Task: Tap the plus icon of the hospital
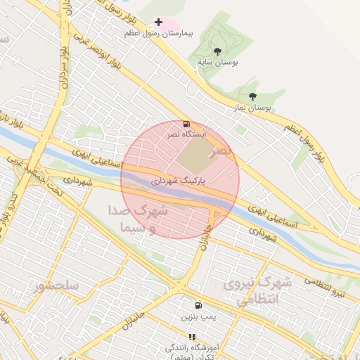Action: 159,22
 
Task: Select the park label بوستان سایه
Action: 217,63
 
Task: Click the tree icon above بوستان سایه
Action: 217,51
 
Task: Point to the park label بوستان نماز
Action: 252,108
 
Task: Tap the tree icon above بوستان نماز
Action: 252,96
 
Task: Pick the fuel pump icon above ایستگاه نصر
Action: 186,124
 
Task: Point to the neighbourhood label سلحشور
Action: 56,286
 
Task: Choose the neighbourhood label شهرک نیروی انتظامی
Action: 257,291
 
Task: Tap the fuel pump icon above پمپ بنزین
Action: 198,306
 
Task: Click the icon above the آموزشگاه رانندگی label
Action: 193,337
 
